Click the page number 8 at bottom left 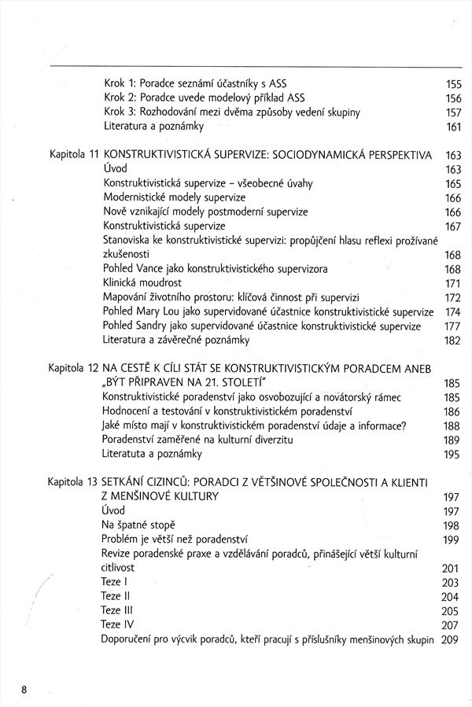click(25, 690)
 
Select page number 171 click(452, 283)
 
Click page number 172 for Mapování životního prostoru click(452, 297)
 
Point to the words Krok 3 click(121, 112)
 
